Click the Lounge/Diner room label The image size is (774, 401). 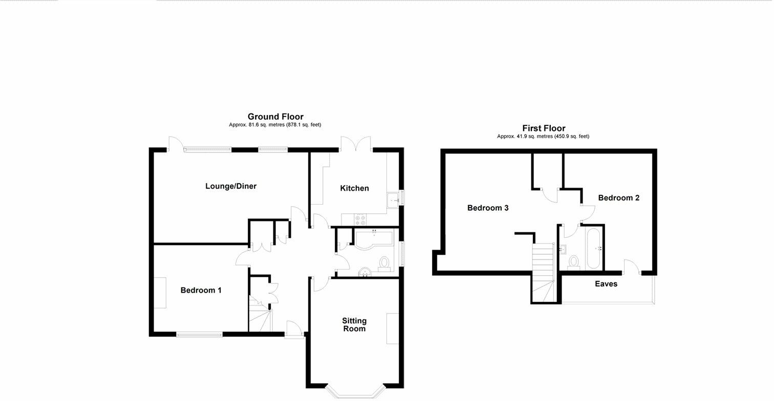pyautogui.click(x=230, y=186)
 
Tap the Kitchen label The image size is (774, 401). pyautogui.click(x=354, y=188)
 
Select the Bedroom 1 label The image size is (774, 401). pyautogui.click(x=201, y=291)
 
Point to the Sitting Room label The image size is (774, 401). pyautogui.click(x=354, y=325)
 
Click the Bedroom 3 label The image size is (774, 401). pyautogui.click(x=487, y=208)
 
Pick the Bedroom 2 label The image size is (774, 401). pyautogui.click(x=618, y=198)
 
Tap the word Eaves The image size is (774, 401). pyautogui.click(x=606, y=284)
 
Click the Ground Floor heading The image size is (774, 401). pyautogui.click(x=275, y=117)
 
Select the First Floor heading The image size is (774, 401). pyautogui.click(x=544, y=128)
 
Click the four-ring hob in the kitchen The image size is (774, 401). pyautogui.click(x=360, y=219)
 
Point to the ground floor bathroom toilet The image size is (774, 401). pyautogui.click(x=384, y=263)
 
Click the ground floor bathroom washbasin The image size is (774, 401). pyautogui.click(x=365, y=271)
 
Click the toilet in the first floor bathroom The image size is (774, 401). pyautogui.click(x=573, y=262)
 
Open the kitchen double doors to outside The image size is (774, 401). pyautogui.click(x=355, y=144)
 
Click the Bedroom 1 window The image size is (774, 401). pyautogui.click(x=200, y=335)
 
